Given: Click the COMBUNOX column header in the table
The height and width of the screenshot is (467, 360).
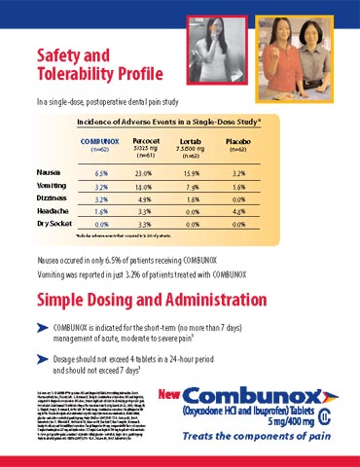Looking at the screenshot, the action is pos(100,142).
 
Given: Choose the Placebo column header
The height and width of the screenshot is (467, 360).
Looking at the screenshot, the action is pos(237,142).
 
